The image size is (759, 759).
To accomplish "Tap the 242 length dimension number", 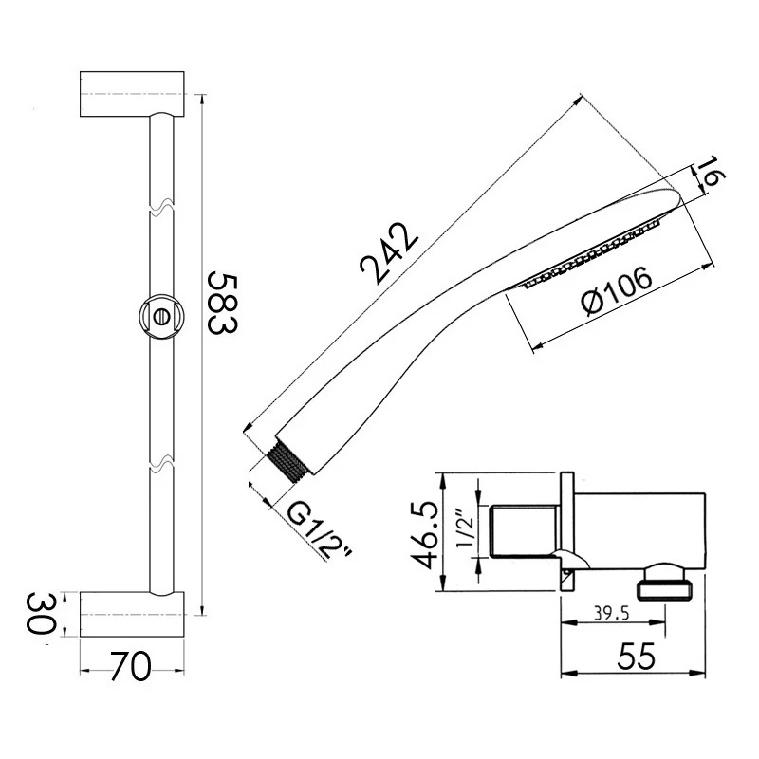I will click(x=390, y=253).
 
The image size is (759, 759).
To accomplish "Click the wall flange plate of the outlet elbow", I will click(x=567, y=531).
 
